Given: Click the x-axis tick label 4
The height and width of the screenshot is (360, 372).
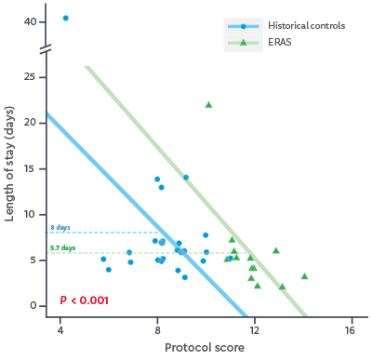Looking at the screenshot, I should click(60, 330).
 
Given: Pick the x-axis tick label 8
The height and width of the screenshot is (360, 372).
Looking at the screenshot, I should click(157, 330).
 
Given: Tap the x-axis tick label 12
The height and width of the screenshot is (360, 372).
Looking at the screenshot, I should click(254, 330).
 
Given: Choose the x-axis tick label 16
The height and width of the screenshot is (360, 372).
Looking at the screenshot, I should click(351, 330).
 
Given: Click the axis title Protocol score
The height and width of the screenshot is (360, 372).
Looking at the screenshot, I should click(206, 349).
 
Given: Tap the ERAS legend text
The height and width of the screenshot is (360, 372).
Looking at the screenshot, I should click(276, 42).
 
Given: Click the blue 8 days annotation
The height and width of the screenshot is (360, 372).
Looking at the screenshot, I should click(60, 227).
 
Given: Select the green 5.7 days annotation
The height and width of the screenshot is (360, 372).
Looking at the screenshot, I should click(62, 248).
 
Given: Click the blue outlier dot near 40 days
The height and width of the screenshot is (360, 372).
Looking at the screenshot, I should click(65, 18).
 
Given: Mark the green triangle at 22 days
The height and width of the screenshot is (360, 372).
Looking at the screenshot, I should click(208, 104).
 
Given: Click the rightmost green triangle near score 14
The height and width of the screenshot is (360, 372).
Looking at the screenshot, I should click(304, 276).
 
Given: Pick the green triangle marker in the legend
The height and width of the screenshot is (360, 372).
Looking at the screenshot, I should click(243, 42).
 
